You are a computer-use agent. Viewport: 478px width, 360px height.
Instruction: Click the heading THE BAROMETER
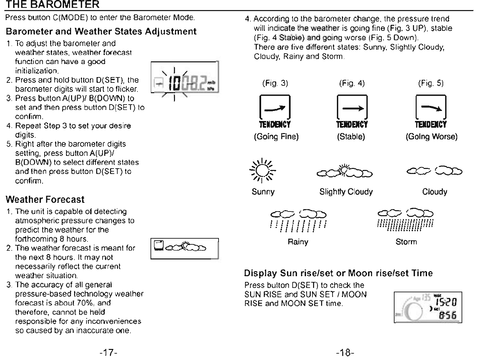coord(53,5)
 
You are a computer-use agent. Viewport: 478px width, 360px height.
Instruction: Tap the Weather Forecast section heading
coord(45,200)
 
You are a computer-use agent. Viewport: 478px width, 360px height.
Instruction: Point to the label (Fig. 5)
coord(431,83)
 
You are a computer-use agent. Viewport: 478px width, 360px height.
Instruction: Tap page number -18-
coord(345,352)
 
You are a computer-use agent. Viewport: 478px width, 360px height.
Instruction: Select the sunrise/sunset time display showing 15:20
coord(428,307)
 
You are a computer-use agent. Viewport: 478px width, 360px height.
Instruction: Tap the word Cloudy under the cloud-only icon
coord(434,192)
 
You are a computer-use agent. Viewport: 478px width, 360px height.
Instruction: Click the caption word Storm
coord(406,242)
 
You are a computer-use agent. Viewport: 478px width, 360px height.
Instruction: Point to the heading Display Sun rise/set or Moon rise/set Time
coord(338,273)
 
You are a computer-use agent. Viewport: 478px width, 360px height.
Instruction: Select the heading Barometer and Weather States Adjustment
coord(101,32)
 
